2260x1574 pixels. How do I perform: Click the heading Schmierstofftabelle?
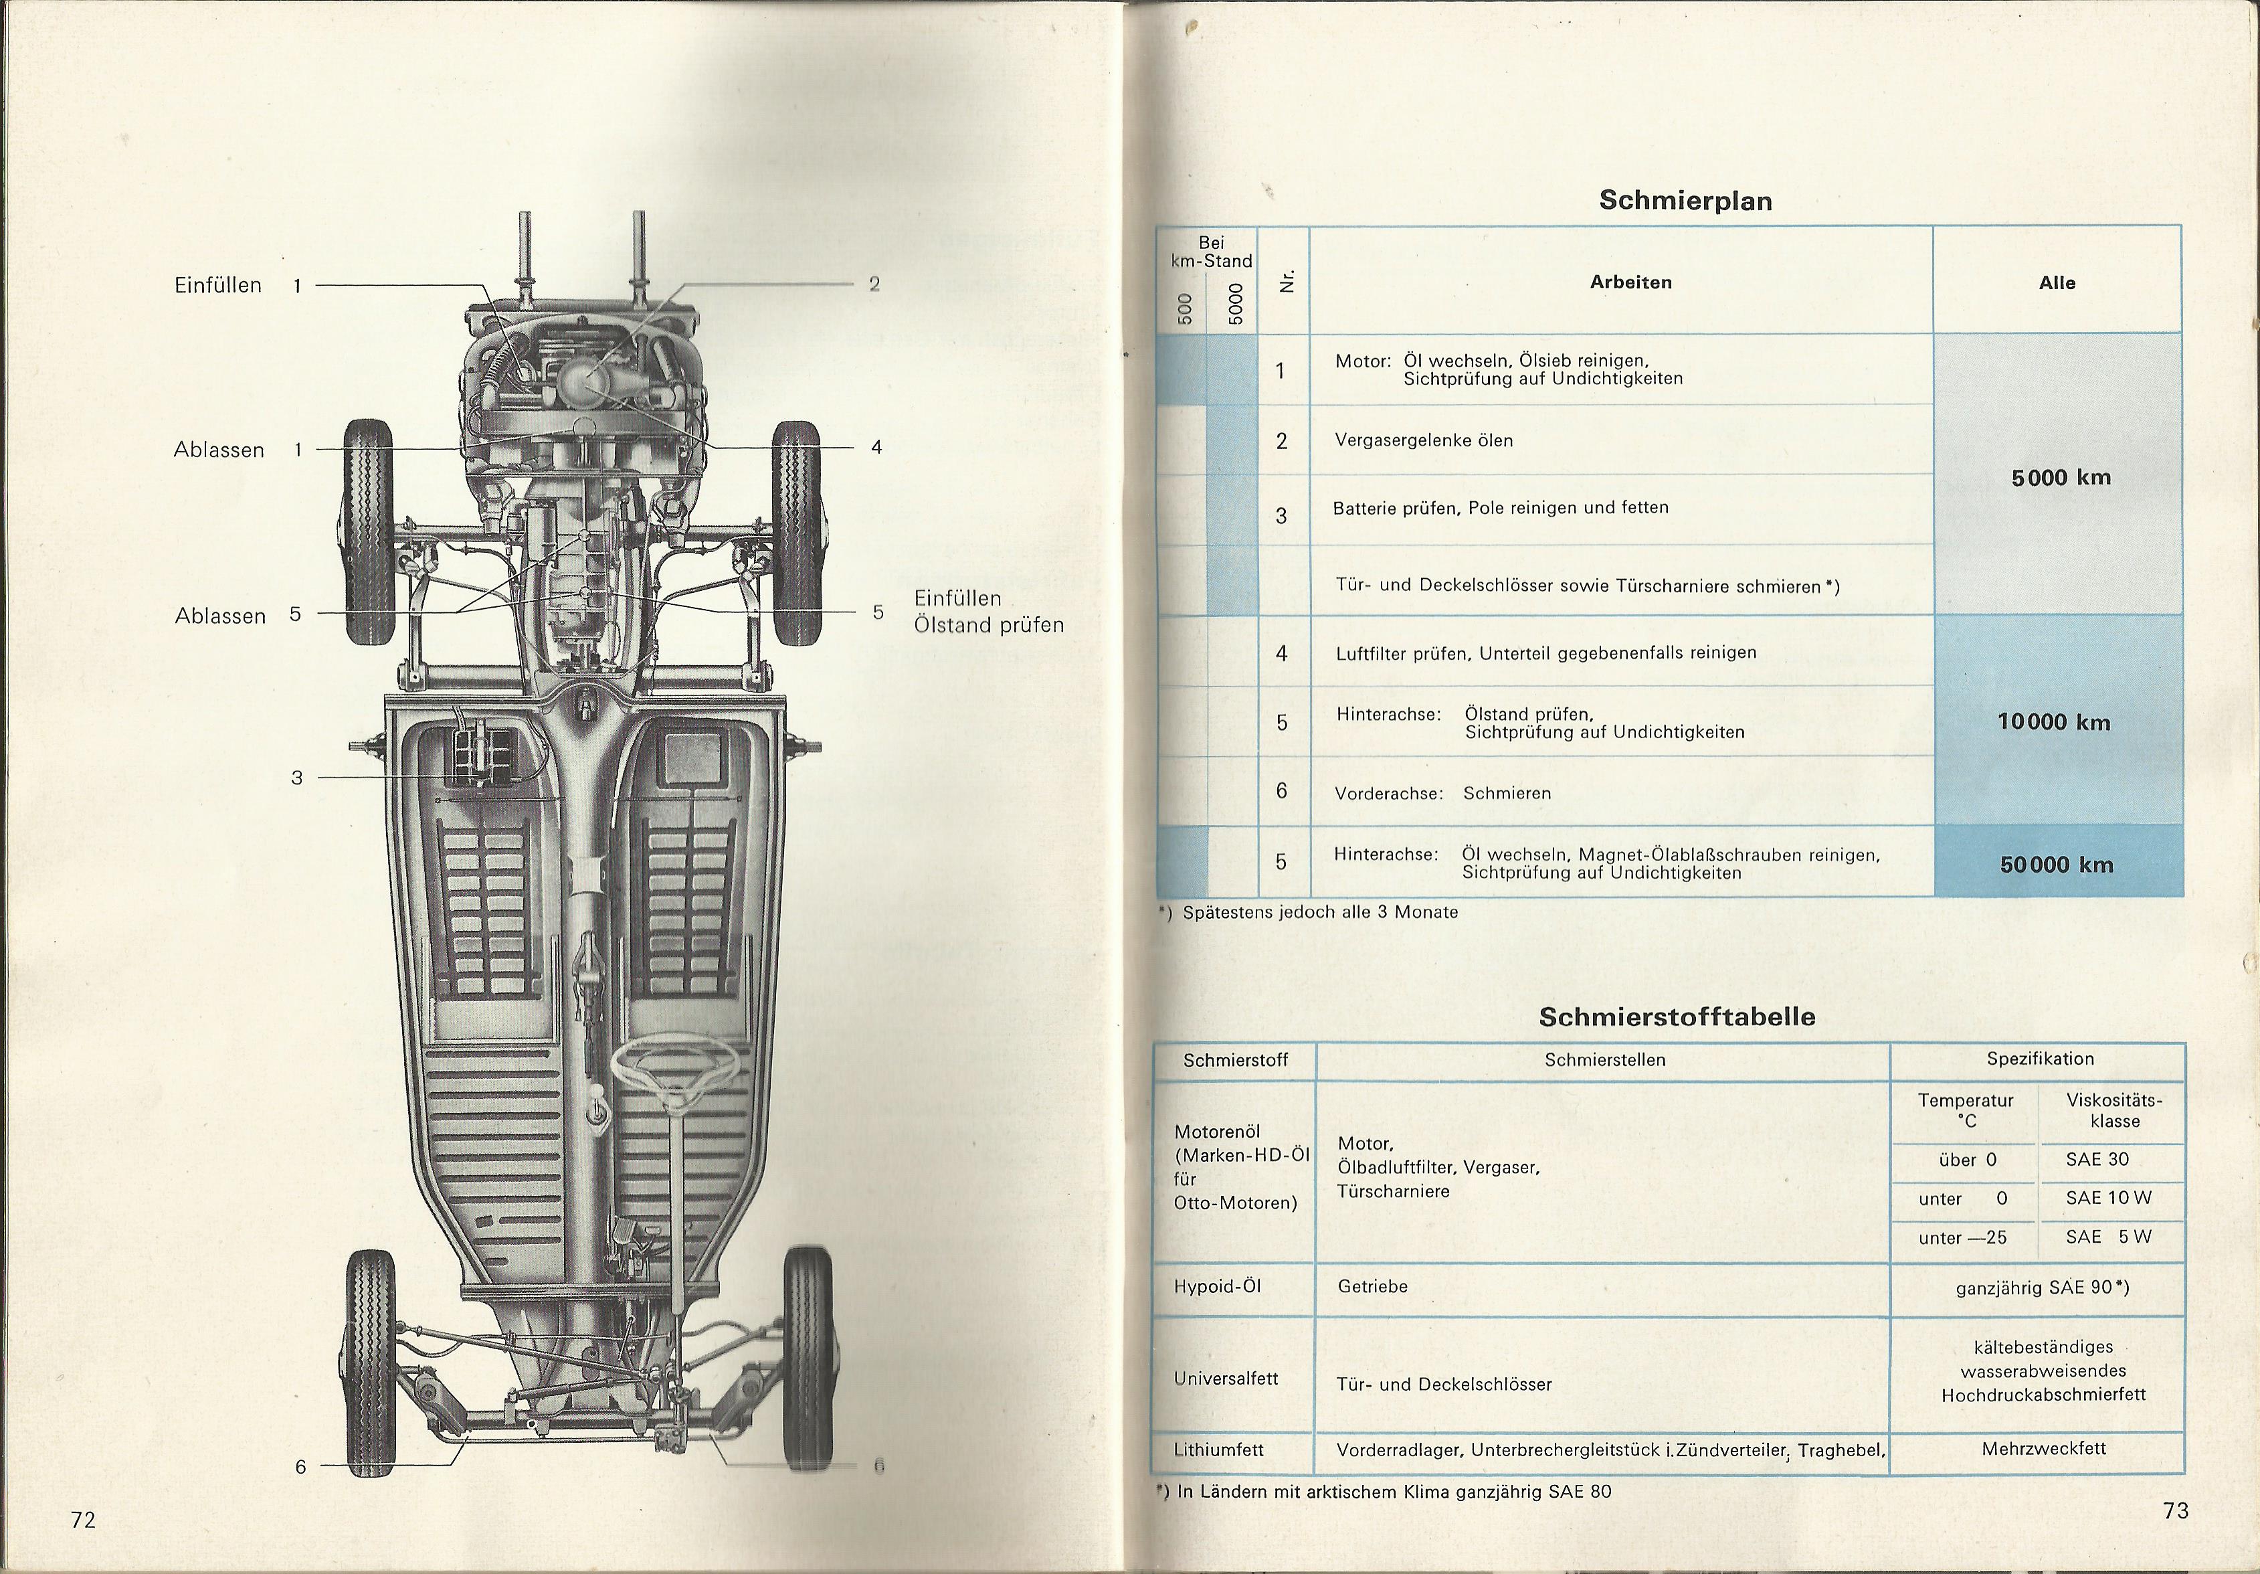(x=1677, y=1017)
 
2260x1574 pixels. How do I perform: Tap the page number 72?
(x=83, y=1520)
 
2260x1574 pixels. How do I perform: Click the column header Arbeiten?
(x=1630, y=282)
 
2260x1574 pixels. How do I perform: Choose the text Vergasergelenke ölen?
(x=1423, y=440)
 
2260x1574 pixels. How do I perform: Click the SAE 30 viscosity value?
(x=2097, y=1160)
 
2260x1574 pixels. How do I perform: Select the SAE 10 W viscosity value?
(x=2108, y=1198)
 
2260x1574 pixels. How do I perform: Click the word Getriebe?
(x=1372, y=1286)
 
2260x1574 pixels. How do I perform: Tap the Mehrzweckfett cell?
(x=2043, y=1448)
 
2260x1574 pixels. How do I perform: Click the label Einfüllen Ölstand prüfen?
(x=988, y=611)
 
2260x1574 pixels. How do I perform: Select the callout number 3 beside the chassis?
(x=297, y=778)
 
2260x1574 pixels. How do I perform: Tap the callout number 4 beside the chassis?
(x=876, y=447)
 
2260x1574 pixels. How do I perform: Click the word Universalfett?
(x=1226, y=1379)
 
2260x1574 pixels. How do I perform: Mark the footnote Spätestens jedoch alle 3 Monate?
(x=1320, y=913)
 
